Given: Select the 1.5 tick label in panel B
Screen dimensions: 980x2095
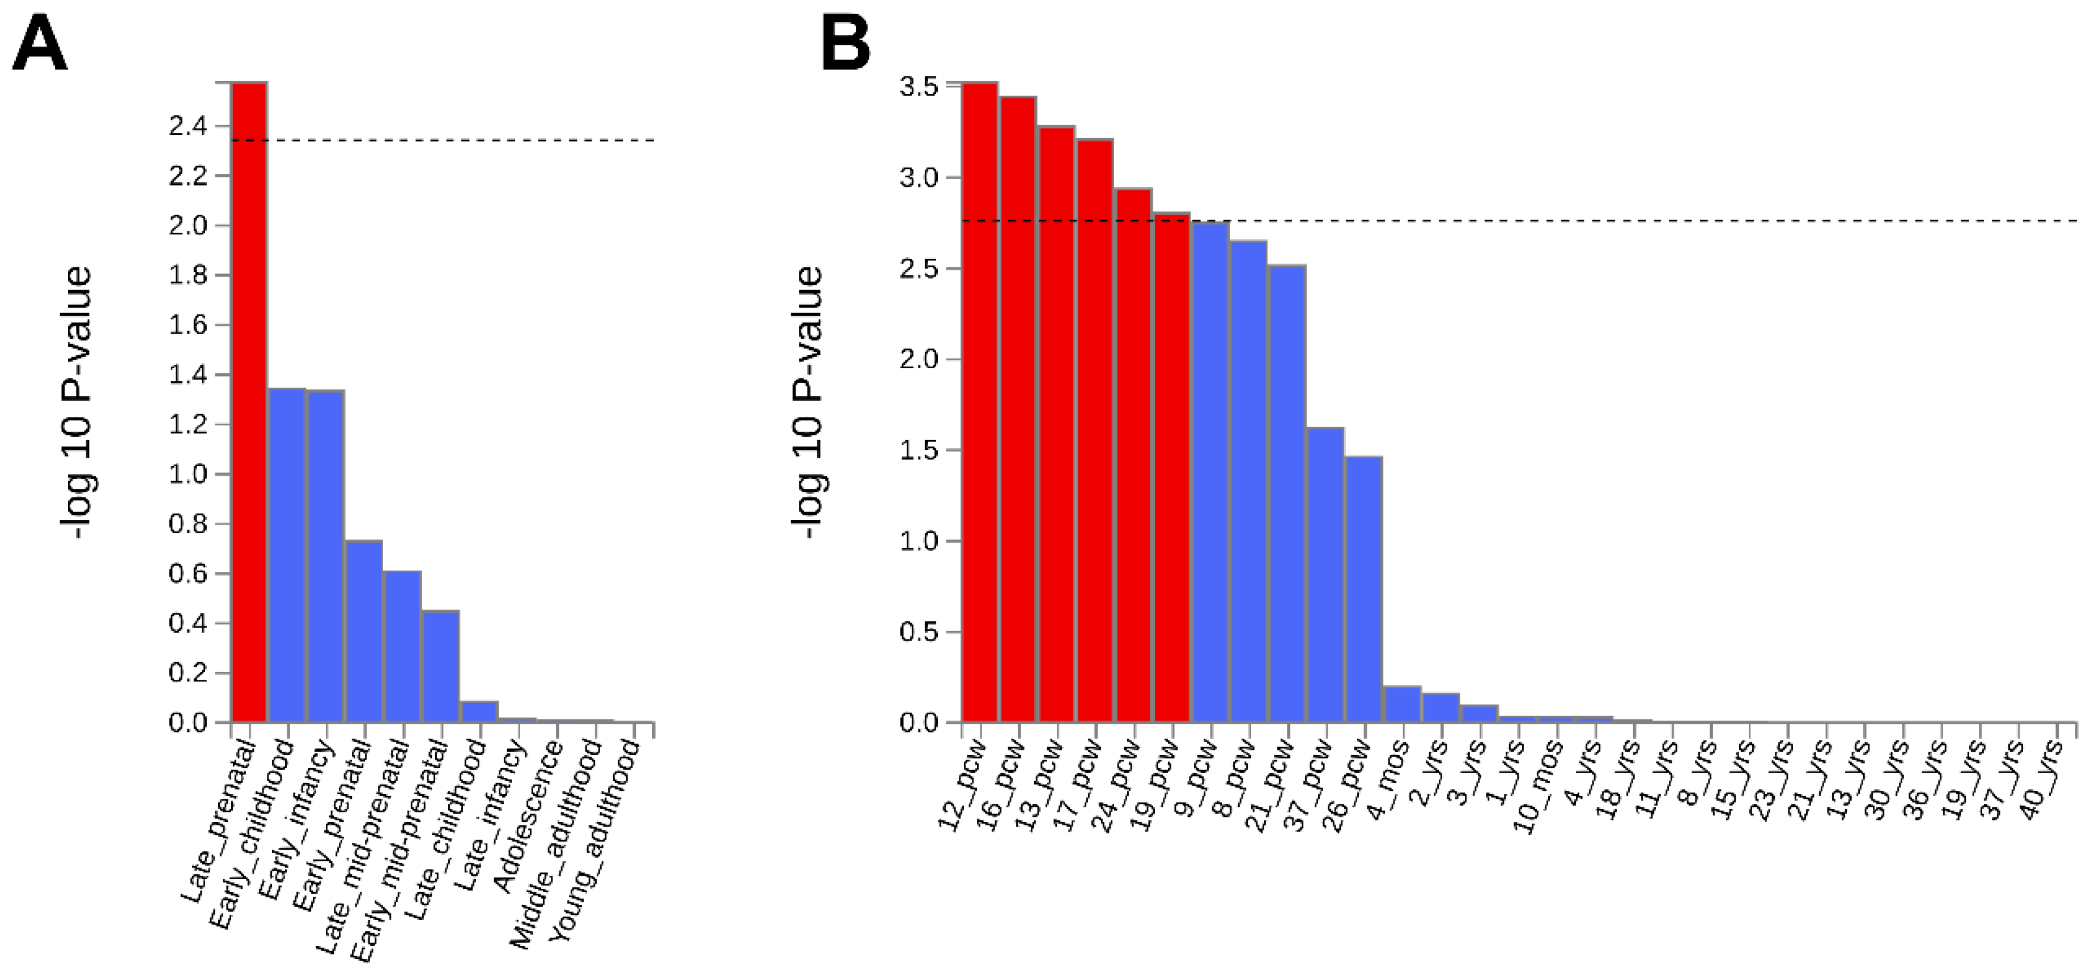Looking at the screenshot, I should tap(919, 450).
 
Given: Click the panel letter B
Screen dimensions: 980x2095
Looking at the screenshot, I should tap(846, 45).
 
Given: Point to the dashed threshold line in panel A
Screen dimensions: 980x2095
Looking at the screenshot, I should tap(488, 140).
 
